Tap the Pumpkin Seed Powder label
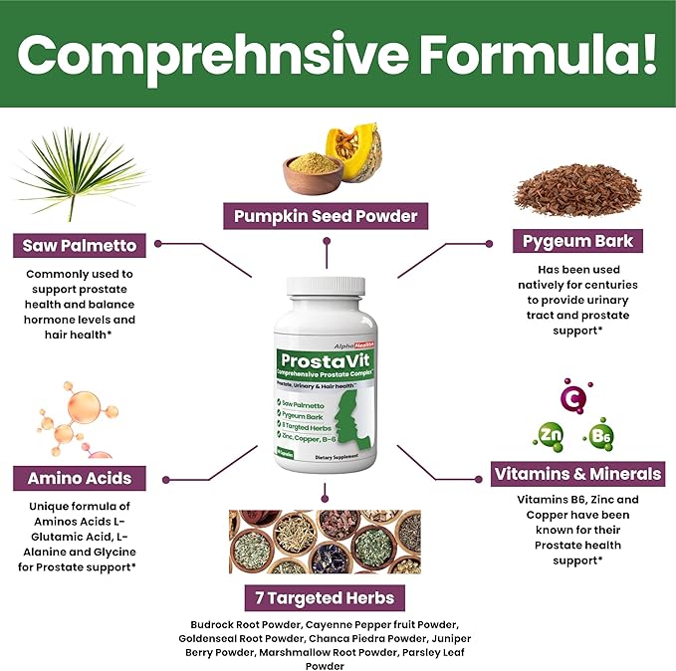click(x=325, y=215)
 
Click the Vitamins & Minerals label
click(x=578, y=474)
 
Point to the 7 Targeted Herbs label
click(x=325, y=598)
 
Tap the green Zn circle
click(x=550, y=433)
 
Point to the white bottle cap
click(x=326, y=286)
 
